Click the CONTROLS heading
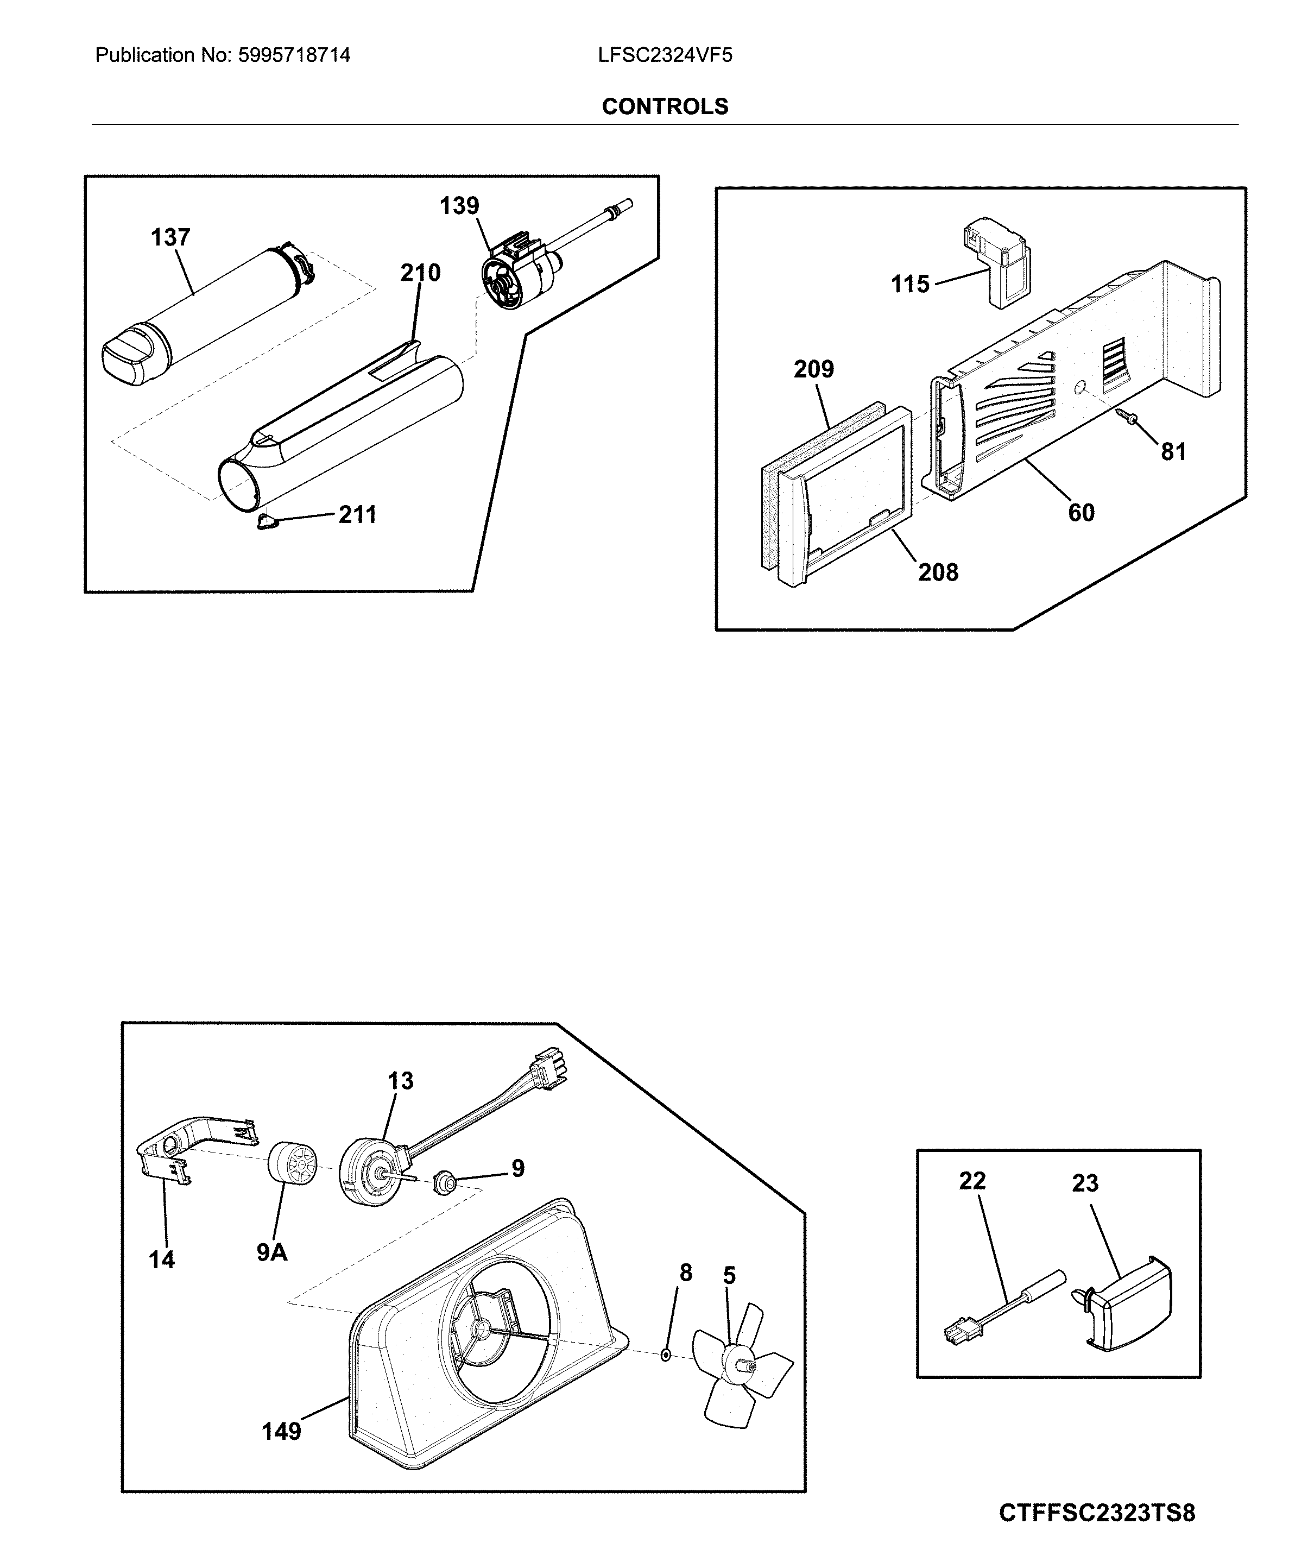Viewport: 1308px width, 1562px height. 665,106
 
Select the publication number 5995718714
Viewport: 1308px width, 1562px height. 294,55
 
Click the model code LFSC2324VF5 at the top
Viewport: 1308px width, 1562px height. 665,55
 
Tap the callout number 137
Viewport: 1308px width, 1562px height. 170,237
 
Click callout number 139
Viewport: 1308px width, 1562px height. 459,205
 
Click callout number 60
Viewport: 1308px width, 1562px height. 1080,513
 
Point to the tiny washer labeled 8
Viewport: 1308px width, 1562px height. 666,1355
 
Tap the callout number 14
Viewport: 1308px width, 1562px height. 161,1259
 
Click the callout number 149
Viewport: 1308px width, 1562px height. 281,1431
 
